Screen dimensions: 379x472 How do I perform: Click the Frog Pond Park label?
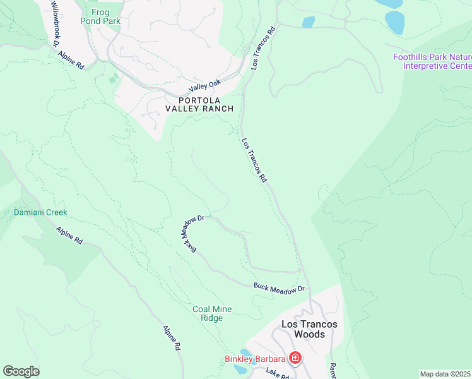click(x=100, y=16)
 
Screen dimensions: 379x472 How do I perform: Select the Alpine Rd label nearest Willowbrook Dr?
click(x=71, y=59)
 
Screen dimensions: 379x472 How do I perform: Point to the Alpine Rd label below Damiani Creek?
click(x=69, y=236)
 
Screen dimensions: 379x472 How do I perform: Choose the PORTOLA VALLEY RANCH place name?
click(x=199, y=104)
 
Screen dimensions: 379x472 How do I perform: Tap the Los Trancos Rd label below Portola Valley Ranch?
click(x=254, y=161)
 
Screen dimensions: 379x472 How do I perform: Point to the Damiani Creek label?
click(x=40, y=213)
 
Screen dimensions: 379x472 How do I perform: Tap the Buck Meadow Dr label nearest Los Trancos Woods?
click(x=279, y=287)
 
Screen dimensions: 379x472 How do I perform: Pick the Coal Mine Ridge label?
click(x=212, y=313)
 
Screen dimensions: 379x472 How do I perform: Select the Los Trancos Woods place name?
click(x=309, y=328)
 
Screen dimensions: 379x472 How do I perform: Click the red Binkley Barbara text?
click(x=256, y=359)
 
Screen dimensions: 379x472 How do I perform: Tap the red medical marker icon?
click(x=295, y=359)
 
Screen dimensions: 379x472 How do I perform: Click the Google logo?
click(x=21, y=371)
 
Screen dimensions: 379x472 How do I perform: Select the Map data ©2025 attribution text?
click(x=445, y=374)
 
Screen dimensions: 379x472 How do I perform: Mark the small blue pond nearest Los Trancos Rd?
click(x=308, y=22)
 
